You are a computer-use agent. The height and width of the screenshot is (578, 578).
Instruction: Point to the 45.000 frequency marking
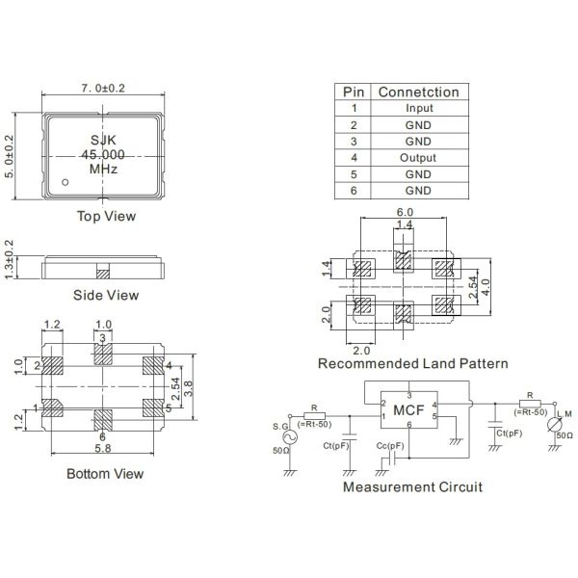(104, 153)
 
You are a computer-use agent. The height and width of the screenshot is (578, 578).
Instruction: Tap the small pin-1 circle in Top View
(66, 181)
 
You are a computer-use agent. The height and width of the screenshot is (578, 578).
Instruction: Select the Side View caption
(106, 295)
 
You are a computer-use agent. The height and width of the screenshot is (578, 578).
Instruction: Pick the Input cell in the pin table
(419, 109)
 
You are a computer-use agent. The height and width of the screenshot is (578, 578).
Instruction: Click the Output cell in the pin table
(419, 158)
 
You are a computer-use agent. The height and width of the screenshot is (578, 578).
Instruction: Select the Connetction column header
(419, 92)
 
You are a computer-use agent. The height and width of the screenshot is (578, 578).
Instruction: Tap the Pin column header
(354, 92)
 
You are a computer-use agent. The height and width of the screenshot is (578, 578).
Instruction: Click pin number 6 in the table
(354, 191)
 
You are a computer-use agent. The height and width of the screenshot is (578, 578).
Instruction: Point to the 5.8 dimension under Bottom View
(104, 449)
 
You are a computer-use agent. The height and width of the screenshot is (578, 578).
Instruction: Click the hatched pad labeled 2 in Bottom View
(54, 366)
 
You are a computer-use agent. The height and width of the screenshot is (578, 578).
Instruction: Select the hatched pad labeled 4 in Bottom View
(152, 366)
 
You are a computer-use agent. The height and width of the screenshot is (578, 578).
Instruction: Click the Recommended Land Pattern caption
(412, 364)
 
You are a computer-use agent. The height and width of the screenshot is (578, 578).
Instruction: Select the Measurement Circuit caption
(412, 486)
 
